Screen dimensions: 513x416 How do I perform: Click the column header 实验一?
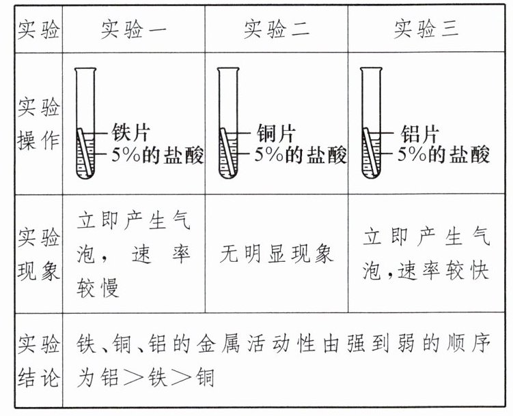tap(133, 29)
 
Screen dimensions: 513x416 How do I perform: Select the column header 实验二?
tap(276, 29)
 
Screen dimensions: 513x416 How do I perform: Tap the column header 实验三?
tap(426, 29)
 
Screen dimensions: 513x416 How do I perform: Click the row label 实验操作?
tap(38, 125)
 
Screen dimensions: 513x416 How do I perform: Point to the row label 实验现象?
tap(38, 254)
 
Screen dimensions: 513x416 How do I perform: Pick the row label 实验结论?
tap(38, 360)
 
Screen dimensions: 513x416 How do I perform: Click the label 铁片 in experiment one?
tap(132, 132)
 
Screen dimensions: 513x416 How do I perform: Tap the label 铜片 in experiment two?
tap(275, 132)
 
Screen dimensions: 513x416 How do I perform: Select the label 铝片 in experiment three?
tap(419, 132)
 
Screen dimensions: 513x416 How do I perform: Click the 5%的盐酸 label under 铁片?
tap(158, 155)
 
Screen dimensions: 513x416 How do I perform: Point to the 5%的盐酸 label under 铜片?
tap(301, 155)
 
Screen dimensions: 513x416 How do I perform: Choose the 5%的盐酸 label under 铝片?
tap(445, 155)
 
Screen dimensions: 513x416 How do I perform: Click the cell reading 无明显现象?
tap(277, 254)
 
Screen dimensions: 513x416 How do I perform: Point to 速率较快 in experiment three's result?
tap(444, 271)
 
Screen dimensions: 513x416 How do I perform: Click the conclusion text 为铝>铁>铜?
tap(147, 378)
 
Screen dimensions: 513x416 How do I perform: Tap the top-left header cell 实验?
tap(38, 29)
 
